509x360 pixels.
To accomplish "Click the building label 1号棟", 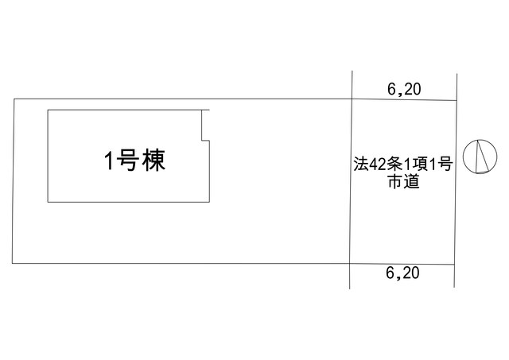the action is tap(134, 160).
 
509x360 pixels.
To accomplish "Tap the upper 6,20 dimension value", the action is tap(404, 89).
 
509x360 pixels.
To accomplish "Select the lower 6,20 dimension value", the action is tap(402, 273).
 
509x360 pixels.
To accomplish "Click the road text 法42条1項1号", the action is tap(403, 165).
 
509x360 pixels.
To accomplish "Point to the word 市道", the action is tap(403, 182).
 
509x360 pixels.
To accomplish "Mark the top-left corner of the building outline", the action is tap(48, 110).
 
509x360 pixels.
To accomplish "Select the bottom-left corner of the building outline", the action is tap(48, 203).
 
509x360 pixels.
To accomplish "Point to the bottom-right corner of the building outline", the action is tap(209, 203).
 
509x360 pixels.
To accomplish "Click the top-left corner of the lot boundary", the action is tap(14, 99).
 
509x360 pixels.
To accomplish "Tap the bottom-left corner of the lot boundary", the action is tap(13, 263).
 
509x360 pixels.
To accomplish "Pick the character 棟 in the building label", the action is tap(154, 160).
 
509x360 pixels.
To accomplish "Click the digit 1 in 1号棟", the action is tap(109, 160).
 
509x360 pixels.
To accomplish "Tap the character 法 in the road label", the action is tap(361, 165).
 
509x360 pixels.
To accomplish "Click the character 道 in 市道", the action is tap(412, 182).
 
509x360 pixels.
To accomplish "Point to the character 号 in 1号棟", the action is tap(127, 160).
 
